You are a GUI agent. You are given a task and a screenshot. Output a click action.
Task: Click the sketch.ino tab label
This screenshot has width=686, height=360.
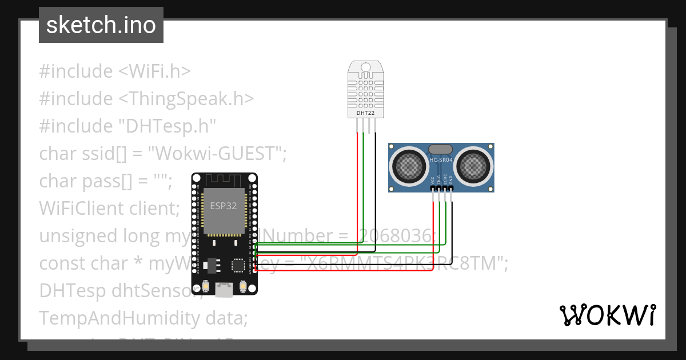(x=101, y=25)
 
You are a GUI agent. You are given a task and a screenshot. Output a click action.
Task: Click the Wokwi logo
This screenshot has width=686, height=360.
(x=607, y=315)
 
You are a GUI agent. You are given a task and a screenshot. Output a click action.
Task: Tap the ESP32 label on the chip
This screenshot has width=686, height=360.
(x=224, y=206)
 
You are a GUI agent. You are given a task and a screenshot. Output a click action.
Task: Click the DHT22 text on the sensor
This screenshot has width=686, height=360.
(x=365, y=114)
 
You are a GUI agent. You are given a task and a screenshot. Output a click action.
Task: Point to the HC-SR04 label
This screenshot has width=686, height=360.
(x=441, y=160)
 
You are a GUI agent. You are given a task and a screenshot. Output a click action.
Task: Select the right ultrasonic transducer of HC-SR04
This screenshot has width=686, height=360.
(x=474, y=166)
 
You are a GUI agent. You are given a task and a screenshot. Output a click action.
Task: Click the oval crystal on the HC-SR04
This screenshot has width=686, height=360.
(x=441, y=150)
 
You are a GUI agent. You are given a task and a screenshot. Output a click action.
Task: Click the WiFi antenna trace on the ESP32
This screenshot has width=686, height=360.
(x=224, y=180)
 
